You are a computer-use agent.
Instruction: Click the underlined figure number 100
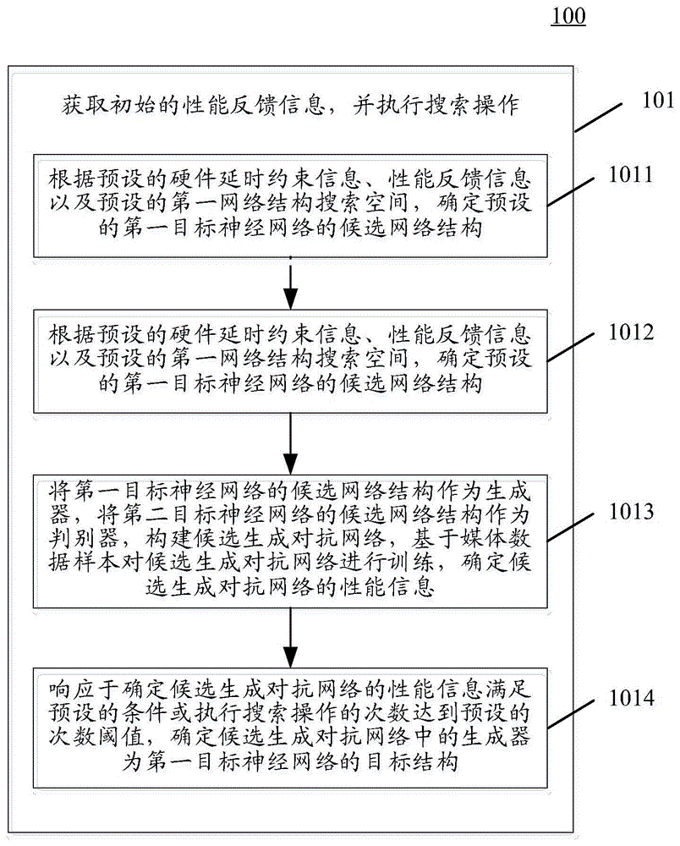(x=568, y=16)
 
